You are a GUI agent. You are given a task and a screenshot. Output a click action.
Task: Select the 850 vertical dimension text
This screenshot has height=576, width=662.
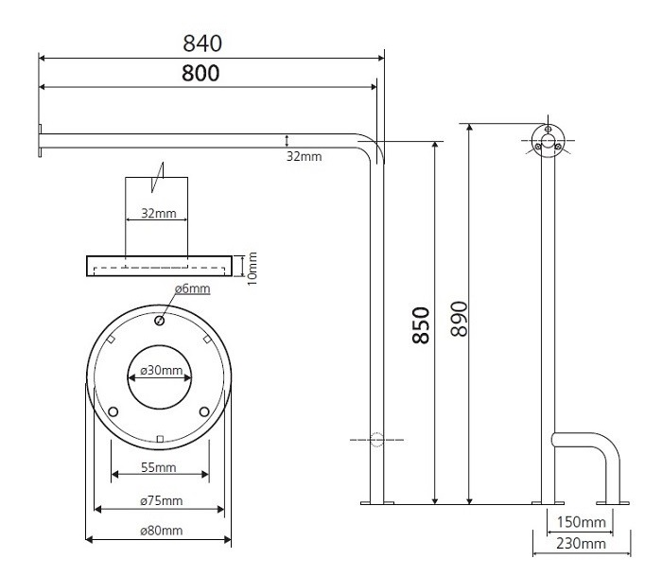(421, 324)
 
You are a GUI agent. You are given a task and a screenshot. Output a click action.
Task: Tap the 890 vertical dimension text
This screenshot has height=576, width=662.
(459, 321)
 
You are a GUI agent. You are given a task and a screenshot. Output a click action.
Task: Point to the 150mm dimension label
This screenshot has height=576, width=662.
(580, 522)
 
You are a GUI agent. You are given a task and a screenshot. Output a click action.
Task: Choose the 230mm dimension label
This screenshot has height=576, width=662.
(580, 543)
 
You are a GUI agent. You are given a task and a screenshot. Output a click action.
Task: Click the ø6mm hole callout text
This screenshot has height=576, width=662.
(191, 288)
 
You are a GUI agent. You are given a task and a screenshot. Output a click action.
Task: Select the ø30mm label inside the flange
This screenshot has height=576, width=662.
(159, 370)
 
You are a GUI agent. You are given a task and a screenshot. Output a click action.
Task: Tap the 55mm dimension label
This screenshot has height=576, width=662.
(158, 467)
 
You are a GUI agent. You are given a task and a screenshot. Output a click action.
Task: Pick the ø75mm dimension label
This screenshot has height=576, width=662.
(159, 500)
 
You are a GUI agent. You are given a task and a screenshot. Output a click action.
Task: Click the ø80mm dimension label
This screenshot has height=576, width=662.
(159, 531)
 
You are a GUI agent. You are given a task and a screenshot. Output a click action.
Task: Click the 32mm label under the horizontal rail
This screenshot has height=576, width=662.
(304, 156)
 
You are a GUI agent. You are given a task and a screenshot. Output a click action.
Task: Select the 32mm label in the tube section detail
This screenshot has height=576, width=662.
(158, 213)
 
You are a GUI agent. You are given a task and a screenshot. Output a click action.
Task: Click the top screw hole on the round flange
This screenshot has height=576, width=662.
(159, 321)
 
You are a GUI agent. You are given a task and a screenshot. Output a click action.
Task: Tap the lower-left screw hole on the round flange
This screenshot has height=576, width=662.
(113, 411)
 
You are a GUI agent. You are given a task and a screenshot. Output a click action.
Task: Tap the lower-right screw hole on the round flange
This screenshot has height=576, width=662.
(204, 411)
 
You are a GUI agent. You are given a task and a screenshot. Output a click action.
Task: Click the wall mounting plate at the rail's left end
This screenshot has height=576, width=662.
(40, 142)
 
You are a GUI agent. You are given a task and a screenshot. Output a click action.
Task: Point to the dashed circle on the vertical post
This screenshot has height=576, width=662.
(377, 440)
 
